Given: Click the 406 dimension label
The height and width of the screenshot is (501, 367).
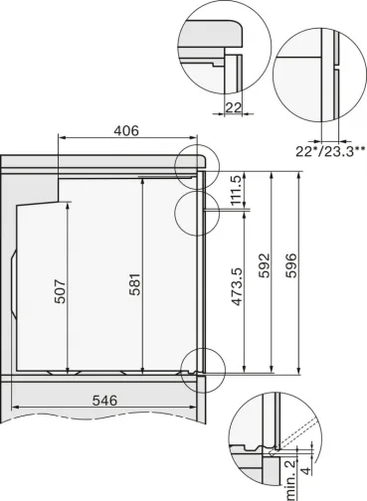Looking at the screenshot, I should click(124, 131).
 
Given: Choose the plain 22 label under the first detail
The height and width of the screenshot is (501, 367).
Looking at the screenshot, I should click(234, 107).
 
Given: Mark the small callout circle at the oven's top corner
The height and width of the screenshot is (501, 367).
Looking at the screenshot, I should click(195, 162).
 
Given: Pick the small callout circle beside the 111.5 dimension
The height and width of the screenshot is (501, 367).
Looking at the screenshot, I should click(194, 210).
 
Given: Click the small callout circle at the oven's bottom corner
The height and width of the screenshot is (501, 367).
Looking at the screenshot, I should click(202, 365).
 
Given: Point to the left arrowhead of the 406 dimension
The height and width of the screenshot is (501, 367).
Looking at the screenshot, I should click(63, 140).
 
